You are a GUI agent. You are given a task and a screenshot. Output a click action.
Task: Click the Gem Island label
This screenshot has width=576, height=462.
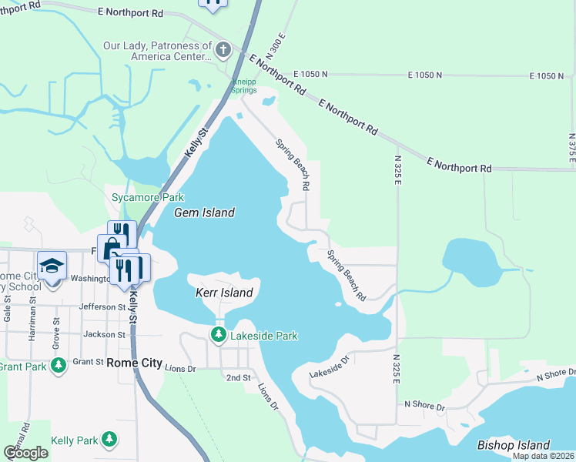click(x=204, y=213)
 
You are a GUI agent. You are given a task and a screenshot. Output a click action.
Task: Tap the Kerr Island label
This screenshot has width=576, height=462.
click(x=223, y=293)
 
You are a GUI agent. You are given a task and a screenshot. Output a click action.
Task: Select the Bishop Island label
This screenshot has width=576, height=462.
click(x=514, y=445)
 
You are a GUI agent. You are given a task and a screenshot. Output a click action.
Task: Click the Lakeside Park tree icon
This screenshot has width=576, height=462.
click(x=219, y=335)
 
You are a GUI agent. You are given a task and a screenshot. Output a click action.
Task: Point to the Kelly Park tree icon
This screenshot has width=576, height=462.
click(x=109, y=440)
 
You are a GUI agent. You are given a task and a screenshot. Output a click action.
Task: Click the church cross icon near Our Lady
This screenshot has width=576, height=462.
click(x=223, y=51)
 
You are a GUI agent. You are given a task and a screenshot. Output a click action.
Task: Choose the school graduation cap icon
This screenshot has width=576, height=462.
click(x=52, y=266)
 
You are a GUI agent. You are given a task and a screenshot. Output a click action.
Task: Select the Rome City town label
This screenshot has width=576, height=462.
click(x=134, y=363)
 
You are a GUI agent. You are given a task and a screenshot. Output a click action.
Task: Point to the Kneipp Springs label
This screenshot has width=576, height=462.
click(x=246, y=86)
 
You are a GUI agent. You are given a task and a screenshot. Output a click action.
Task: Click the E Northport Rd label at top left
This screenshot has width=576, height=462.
click(x=131, y=12)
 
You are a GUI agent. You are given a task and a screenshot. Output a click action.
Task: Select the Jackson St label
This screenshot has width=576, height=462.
click(x=105, y=335)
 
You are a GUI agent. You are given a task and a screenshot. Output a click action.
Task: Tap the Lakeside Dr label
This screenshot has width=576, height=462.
click(x=329, y=367)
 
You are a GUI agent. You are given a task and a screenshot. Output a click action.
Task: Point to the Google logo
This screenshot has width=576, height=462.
click(x=25, y=453)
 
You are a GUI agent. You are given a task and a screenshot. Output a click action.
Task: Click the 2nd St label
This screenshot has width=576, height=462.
click(x=238, y=378)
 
